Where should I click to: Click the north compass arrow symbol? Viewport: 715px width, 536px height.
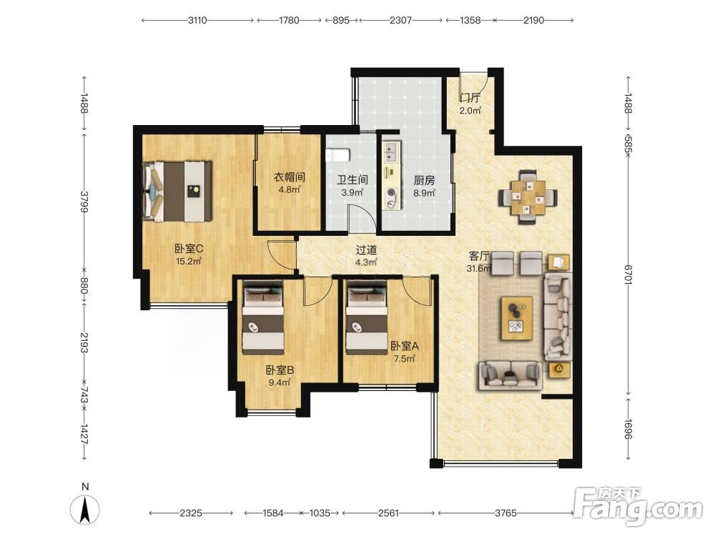point(85,510)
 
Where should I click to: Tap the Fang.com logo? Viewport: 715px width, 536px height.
point(638,507)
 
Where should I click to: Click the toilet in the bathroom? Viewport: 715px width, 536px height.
point(338,155)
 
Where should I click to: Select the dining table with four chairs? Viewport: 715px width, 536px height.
point(528,197)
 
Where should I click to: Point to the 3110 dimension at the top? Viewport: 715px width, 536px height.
point(197,20)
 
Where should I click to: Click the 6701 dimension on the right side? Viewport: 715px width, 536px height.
point(628,274)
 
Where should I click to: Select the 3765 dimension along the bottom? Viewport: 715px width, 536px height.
point(506,513)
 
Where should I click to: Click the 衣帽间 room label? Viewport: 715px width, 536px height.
point(289,177)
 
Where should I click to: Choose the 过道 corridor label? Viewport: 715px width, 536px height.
point(366,250)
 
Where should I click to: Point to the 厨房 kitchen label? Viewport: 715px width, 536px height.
point(424,181)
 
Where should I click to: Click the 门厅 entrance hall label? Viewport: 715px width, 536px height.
point(470,98)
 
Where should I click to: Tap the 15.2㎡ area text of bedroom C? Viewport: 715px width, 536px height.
point(189,262)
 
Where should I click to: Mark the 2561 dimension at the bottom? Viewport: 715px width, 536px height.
point(388,513)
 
